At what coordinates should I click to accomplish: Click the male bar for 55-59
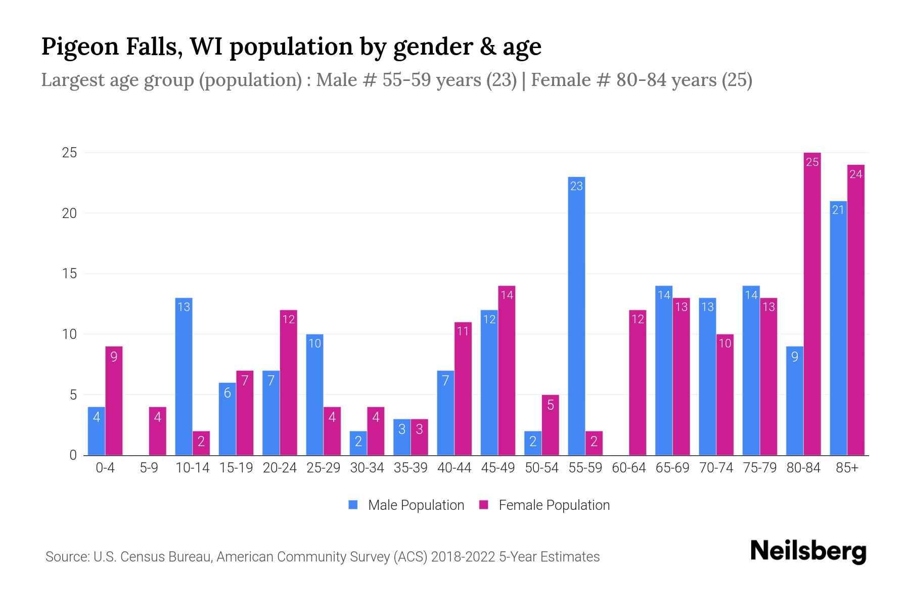576,316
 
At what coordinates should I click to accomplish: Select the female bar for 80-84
812,303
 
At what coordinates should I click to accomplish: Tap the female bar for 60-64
638,382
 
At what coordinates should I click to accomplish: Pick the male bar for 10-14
184,377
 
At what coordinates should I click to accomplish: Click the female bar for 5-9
157,431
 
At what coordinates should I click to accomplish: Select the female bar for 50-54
550,425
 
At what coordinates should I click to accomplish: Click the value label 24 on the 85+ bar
856,175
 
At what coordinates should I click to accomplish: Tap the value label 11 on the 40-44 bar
463,332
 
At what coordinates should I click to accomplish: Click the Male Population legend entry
407,505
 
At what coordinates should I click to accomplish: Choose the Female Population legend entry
545,505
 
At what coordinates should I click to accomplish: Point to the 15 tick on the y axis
69,274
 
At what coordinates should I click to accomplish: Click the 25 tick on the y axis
69,153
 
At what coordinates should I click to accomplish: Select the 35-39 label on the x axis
411,468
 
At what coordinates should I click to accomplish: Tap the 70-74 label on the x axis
716,468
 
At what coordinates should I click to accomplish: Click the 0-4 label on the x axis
105,468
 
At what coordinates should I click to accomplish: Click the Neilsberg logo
808,552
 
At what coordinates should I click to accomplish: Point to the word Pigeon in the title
80,47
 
